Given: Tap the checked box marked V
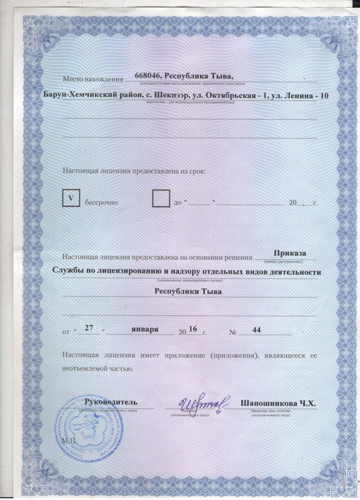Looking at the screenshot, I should tap(72, 198).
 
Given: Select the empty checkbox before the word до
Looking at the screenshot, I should tap(161, 199).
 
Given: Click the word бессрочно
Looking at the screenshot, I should tap(102, 202).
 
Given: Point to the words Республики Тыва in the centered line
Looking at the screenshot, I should tap(188, 292).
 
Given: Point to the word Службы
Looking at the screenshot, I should tap(67, 272).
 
